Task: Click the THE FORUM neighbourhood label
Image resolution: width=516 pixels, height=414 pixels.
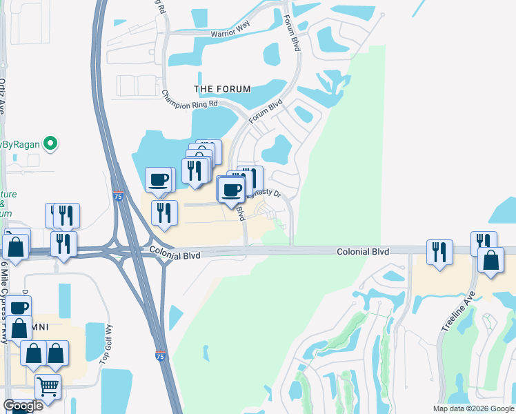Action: (222, 89)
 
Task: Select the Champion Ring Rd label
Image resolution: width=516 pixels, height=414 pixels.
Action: (189, 99)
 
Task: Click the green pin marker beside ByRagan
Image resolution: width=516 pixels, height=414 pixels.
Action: (50, 144)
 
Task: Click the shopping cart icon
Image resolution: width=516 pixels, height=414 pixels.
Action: (48, 386)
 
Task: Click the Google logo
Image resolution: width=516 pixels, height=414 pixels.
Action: (23, 405)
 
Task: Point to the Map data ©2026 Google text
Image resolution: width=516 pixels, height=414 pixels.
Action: (473, 408)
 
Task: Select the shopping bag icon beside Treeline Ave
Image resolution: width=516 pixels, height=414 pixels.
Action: (490, 260)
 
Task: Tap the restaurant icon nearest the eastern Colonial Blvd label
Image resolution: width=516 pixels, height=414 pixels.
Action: (439, 252)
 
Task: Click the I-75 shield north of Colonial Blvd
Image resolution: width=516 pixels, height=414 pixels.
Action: (118, 197)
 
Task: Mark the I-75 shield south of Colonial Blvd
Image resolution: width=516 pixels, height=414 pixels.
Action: (160, 357)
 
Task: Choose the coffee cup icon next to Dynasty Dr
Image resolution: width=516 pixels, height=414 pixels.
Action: (232, 188)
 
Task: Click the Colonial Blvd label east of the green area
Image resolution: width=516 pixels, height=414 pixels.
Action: (363, 253)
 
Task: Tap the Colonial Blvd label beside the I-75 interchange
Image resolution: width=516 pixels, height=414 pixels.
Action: (175, 255)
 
